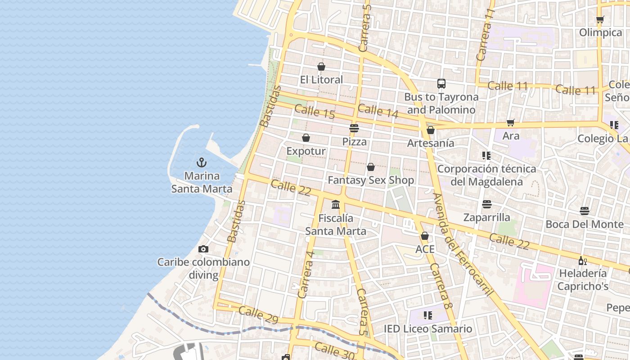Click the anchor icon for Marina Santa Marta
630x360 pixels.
pyautogui.click(x=202, y=162)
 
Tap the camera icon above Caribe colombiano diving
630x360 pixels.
pyautogui.click(x=203, y=249)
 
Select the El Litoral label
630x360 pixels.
pyautogui.click(x=321, y=80)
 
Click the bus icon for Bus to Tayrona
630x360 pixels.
pyautogui.click(x=441, y=84)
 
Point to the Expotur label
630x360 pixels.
pyautogui.click(x=306, y=151)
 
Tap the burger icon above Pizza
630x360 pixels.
pyautogui.click(x=354, y=128)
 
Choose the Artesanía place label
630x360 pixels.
pyautogui.click(x=431, y=143)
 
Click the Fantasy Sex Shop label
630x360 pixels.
pyautogui.click(x=371, y=180)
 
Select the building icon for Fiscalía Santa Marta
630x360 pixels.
pyautogui.click(x=336, y=205)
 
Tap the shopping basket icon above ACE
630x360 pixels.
pyautogui.click(x=425, y=236)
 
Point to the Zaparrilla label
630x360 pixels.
pyautogui.click(x=487, y=218)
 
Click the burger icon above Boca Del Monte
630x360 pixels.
pyautogui.click(x=585, y=211)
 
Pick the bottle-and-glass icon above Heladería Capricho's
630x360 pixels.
pyautogui.click(x=582, y=261)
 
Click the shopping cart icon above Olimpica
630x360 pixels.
pyautogui.click(x=600, y=19)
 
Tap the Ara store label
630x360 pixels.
pyautogui.click(x=511, y=136)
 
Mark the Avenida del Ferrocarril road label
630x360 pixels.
pyautogui.click(x=463, y=245)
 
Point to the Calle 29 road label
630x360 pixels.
pyautogui.click(x=258, y=315)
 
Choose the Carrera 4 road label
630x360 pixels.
pyautogui.click(x=306, y=274)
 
